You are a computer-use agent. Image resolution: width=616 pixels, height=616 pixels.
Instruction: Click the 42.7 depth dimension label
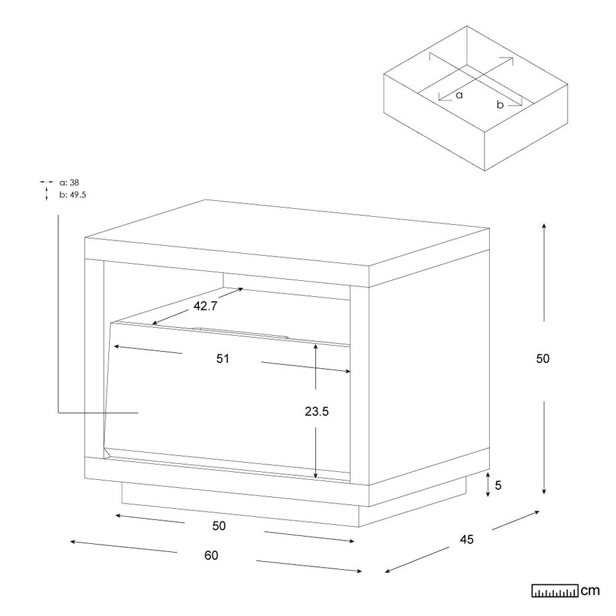click(x=205, y=306)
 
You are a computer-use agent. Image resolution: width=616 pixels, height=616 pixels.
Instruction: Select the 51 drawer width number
click(x=223, y=359)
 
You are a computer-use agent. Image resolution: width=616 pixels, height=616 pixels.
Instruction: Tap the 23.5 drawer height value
click(x=317, y=411)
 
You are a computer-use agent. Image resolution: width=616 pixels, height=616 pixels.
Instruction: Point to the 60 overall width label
click(x=212, y=555)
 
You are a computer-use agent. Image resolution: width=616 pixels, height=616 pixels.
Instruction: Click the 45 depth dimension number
click(x=467, y=540)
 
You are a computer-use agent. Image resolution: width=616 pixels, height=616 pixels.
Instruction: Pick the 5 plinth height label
click(x=498, y=486)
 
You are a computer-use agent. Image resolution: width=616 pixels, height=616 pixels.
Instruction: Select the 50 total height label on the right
click(x=543, y=359)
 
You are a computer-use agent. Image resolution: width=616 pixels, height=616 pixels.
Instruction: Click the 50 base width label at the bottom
click(x=219, y=526)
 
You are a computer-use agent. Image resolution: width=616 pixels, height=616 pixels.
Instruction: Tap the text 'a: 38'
click(x=69, y=182)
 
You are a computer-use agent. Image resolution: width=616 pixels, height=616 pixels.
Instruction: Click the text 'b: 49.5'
click(x=73, y=195)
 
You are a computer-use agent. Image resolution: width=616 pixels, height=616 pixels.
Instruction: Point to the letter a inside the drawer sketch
click(x=459, y=95)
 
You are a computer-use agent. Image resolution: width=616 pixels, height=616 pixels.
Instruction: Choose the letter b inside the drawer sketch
click(x=500, y=104)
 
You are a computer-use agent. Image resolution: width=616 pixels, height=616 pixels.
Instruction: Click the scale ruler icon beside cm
click(x=555, y=591)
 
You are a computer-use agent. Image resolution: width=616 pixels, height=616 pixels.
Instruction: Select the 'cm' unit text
click(x=590, y=591)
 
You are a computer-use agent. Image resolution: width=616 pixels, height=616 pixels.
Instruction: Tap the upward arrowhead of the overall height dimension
click(x=544, y=226)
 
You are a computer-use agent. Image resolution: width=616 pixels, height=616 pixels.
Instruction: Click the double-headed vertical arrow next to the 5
click(x=488, y=484)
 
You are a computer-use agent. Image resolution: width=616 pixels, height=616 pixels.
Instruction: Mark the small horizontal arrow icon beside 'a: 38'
click(x=46, y=182)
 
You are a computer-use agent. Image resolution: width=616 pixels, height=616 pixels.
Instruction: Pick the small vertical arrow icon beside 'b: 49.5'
click(x=46, y=194)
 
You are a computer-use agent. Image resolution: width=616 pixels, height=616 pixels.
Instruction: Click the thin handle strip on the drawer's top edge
click(x=240, y=332)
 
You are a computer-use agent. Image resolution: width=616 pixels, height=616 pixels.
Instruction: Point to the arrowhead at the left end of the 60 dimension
click(x=73, y=542)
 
